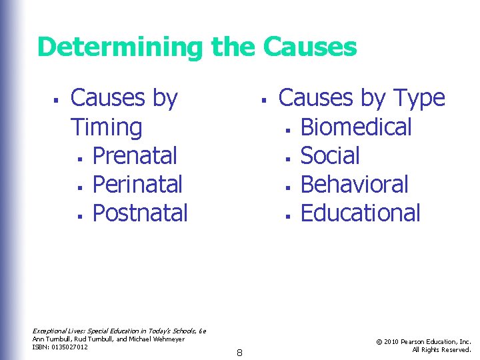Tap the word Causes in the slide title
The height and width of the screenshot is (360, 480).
coord(310,47)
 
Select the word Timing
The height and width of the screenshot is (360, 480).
coord(106,127)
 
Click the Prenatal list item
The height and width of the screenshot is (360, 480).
coord(135,155)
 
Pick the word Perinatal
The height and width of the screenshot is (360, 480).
coord(137,184)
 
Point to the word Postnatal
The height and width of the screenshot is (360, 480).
coord(140,213)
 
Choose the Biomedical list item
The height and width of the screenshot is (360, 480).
coord(356,127)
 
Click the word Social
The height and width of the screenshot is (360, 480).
coord(330,155)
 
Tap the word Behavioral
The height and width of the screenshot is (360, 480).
coord(354,184)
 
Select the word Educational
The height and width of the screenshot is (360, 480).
coord(360,213)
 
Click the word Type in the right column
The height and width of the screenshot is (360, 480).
coord(418,98)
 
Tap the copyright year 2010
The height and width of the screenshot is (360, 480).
coord(392,342)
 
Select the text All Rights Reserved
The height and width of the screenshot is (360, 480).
coord(441,349)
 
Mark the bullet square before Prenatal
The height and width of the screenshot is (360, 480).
coord(79,157)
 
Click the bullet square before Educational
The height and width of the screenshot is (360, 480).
coord(287,215)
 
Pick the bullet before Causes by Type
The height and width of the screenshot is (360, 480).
coord(264,100)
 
